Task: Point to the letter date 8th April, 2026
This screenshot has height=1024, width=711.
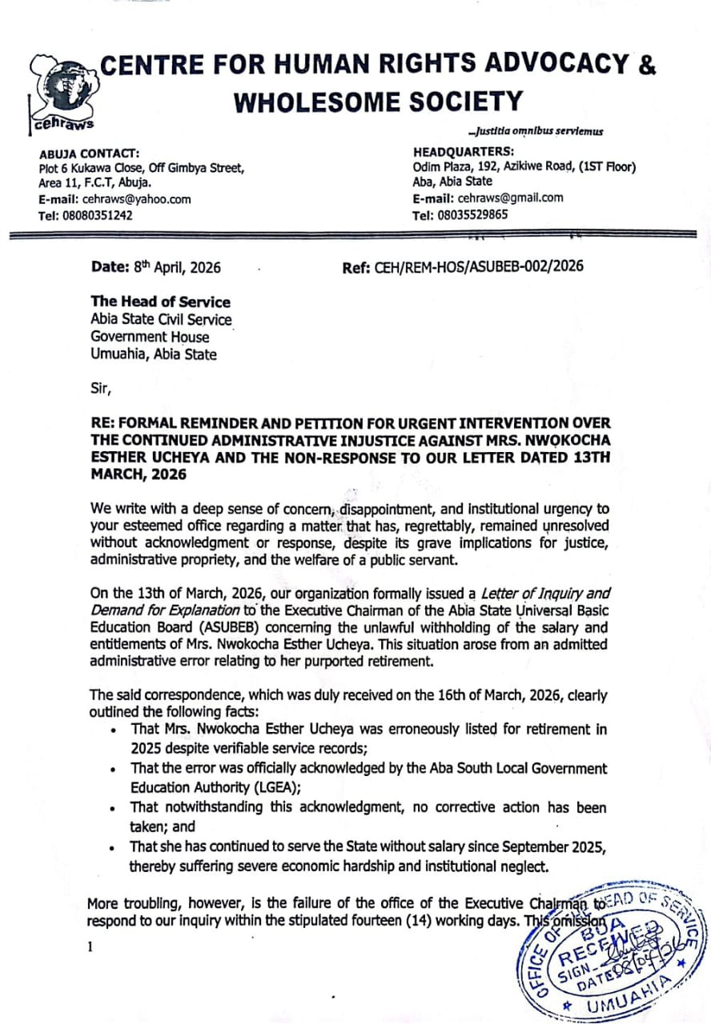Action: [x=174, y=267]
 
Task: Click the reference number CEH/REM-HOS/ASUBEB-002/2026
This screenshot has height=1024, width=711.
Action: [x=479, y=266]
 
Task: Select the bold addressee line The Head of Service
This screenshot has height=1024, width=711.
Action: [x=160, y=302]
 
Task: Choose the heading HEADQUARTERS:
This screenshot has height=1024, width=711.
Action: [x=464, y=151]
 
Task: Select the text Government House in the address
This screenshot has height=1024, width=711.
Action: [x=150, y=337]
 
